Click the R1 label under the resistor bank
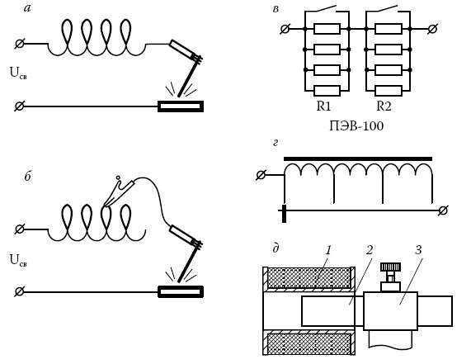323,106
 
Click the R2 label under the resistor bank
384,106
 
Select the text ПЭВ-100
356,125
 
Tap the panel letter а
27,8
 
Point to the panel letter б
28,176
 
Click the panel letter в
276,9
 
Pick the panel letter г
276,143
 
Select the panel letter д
276,248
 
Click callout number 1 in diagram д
328,250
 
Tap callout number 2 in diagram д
370,250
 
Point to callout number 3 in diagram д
418,250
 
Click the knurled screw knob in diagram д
390,267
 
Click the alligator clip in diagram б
118,191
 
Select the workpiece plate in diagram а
181,106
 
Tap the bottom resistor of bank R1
327,91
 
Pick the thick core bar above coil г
358,158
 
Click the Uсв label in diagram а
18,73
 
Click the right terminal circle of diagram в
432,29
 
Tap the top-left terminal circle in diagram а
19,44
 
